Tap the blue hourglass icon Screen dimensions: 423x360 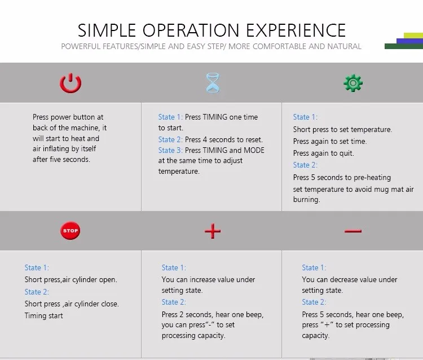[x=213, y=83]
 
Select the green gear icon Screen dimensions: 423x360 [x=353, y=83]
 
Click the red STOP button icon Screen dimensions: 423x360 [x=70, y=231]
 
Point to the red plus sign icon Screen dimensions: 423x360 [x=213, y=231]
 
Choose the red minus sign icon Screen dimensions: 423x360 [x=353, y=231]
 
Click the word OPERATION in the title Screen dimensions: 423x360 [x=191, y=30]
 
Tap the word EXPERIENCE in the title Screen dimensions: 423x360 [x=296, y=30]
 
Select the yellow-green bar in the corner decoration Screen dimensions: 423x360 [x=413, y=36]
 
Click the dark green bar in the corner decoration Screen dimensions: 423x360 [x=404, y=46]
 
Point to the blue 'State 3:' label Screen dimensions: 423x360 [x=170, y=150]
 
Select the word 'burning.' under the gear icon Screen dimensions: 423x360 [x=306, y=199]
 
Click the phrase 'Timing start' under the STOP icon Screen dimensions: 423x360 [x=43, y=316]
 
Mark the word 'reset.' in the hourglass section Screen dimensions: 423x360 [x=254, y=139]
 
